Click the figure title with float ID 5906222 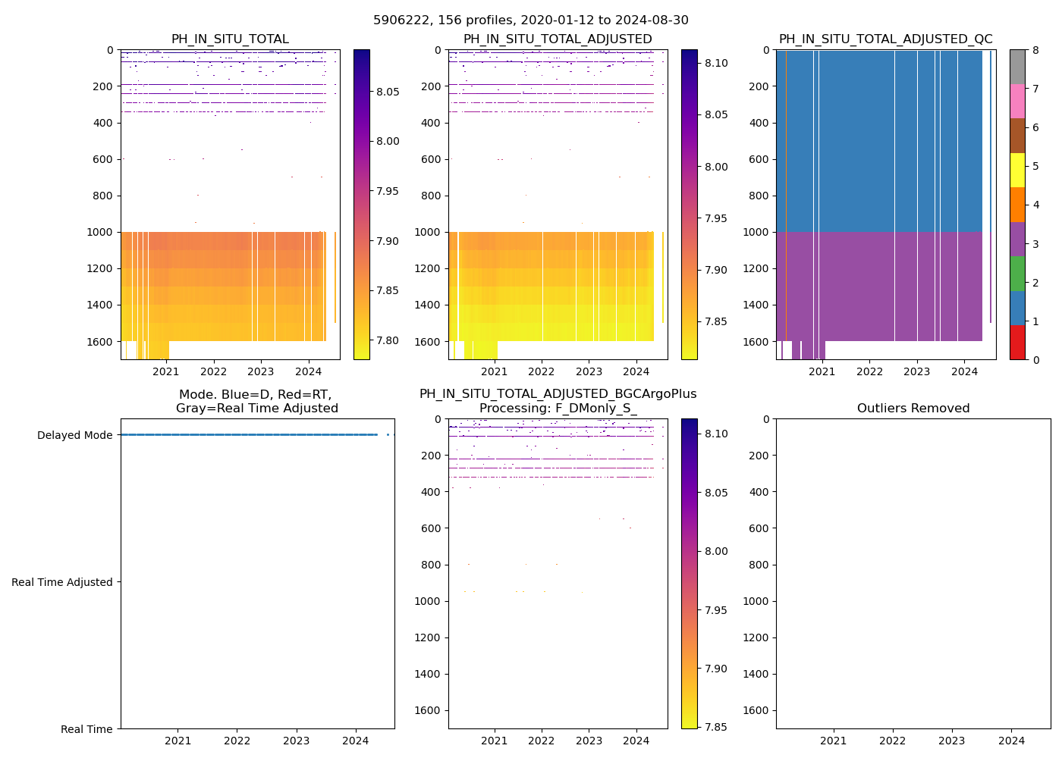[x=531, y=20]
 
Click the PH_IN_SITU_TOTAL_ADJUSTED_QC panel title [x=885, y=39]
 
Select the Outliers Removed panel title [x=913, y=409]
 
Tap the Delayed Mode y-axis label [x=74, y=435]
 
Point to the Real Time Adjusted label [x=61, y=582]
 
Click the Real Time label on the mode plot [x=86, y=729]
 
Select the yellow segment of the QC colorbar [x=1017, y=170]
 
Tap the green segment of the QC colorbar [x=1017, y=273]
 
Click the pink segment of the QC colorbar [x=1017, y=101]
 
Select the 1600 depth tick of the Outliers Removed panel [x=756, y=710]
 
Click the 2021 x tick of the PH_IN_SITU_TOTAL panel [x=166, y=371]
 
